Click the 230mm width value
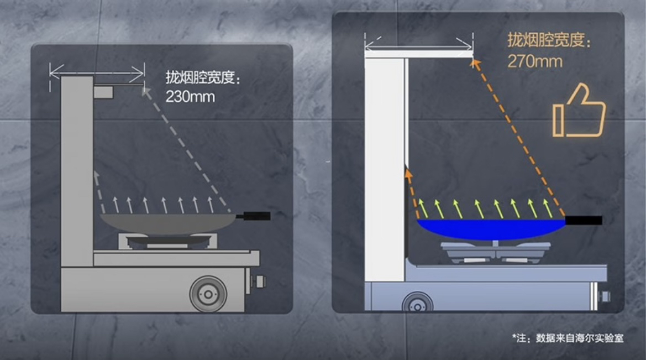pyautogui.click(x=190, y=97)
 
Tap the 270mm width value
pyautogui.click(x=534, y=60)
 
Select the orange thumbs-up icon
pyautogui.click(x=579, y=111)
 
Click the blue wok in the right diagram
pyautogui.click(x=490, y=228)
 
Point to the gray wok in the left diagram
pyautogui.click(x=166, y=222)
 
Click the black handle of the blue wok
pyautogui.click(x=583, y=221)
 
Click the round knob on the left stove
pyautogui.click(x=208, y=293)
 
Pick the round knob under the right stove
pyautogui.click(x=417, y=302)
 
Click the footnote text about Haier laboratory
pyautogui.click(x=568, y=337)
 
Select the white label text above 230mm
pyautogui.click(x=203, y=78)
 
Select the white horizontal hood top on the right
pyautogui.click(x=418, y=54)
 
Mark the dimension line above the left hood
pyautogui.click(x=97, y=70)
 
